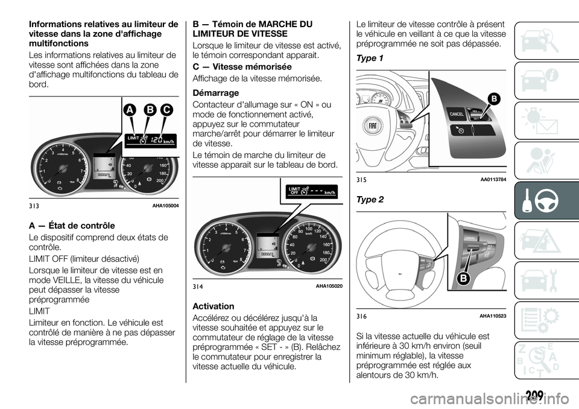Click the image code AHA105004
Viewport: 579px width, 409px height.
(x=165, y=206)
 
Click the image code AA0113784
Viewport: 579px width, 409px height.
(x=493, y=180)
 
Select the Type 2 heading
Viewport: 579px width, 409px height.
(x=370, y=199)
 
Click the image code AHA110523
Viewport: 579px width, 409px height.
(x=493, y=317)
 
